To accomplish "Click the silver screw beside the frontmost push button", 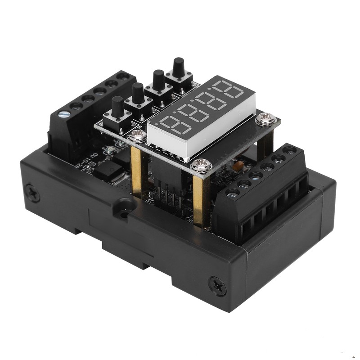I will coord(137,135).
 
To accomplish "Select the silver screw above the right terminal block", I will coord(266,119).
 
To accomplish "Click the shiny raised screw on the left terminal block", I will coord(64,114).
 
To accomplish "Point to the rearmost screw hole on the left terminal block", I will coord(122,76).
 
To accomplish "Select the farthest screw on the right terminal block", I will coord(289,150).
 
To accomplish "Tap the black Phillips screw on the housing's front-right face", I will coord(217,286).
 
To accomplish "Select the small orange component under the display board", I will coord(239,166).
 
